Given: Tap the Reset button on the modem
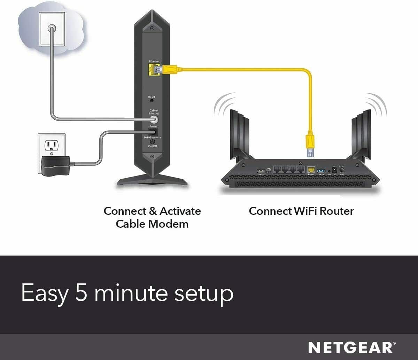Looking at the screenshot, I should click(x=152, y=101).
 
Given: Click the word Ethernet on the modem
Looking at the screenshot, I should click(x=154, y=62).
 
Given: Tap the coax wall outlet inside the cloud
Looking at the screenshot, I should click(x=52, y=29).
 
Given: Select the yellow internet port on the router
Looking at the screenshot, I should click(x=311, y=170).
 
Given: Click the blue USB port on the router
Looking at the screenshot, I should click(x=321, y=171).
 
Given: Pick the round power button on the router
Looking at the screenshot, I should click(x=342, y=171).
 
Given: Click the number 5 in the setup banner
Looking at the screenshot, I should click(x=82, y=293).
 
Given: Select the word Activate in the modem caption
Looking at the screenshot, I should click(x=180, y=211).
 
